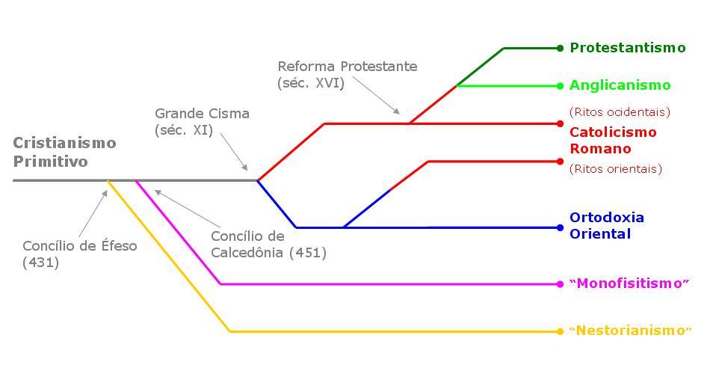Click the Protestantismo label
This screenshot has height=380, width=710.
[627, 48]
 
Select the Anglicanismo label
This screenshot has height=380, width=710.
[620, 85]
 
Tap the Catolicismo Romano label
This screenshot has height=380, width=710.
[613, 140]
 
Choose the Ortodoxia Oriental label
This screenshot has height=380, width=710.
[606, 225]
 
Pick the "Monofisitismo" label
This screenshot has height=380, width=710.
[629, 284]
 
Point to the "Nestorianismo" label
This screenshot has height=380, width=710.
[630, 331]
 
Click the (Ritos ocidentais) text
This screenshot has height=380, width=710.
[620, 112]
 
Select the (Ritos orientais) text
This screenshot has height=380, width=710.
[616, 169]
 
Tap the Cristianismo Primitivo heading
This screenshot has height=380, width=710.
[64, 152]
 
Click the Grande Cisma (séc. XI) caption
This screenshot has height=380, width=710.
[202, 122]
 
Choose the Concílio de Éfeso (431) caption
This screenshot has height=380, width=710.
[79, 254]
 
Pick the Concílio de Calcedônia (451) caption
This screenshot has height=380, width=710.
[268, 245]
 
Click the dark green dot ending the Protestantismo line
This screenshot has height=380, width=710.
[560, 48]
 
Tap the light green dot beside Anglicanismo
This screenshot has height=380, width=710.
[560, 86]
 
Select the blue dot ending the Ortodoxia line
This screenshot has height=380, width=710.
[560, 227]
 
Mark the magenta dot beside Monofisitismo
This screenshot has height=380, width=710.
[560, 284]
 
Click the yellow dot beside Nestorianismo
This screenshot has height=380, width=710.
[560, 331]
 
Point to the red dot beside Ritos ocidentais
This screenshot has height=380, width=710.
[560, 123]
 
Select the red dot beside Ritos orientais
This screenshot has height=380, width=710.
[560, 161]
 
